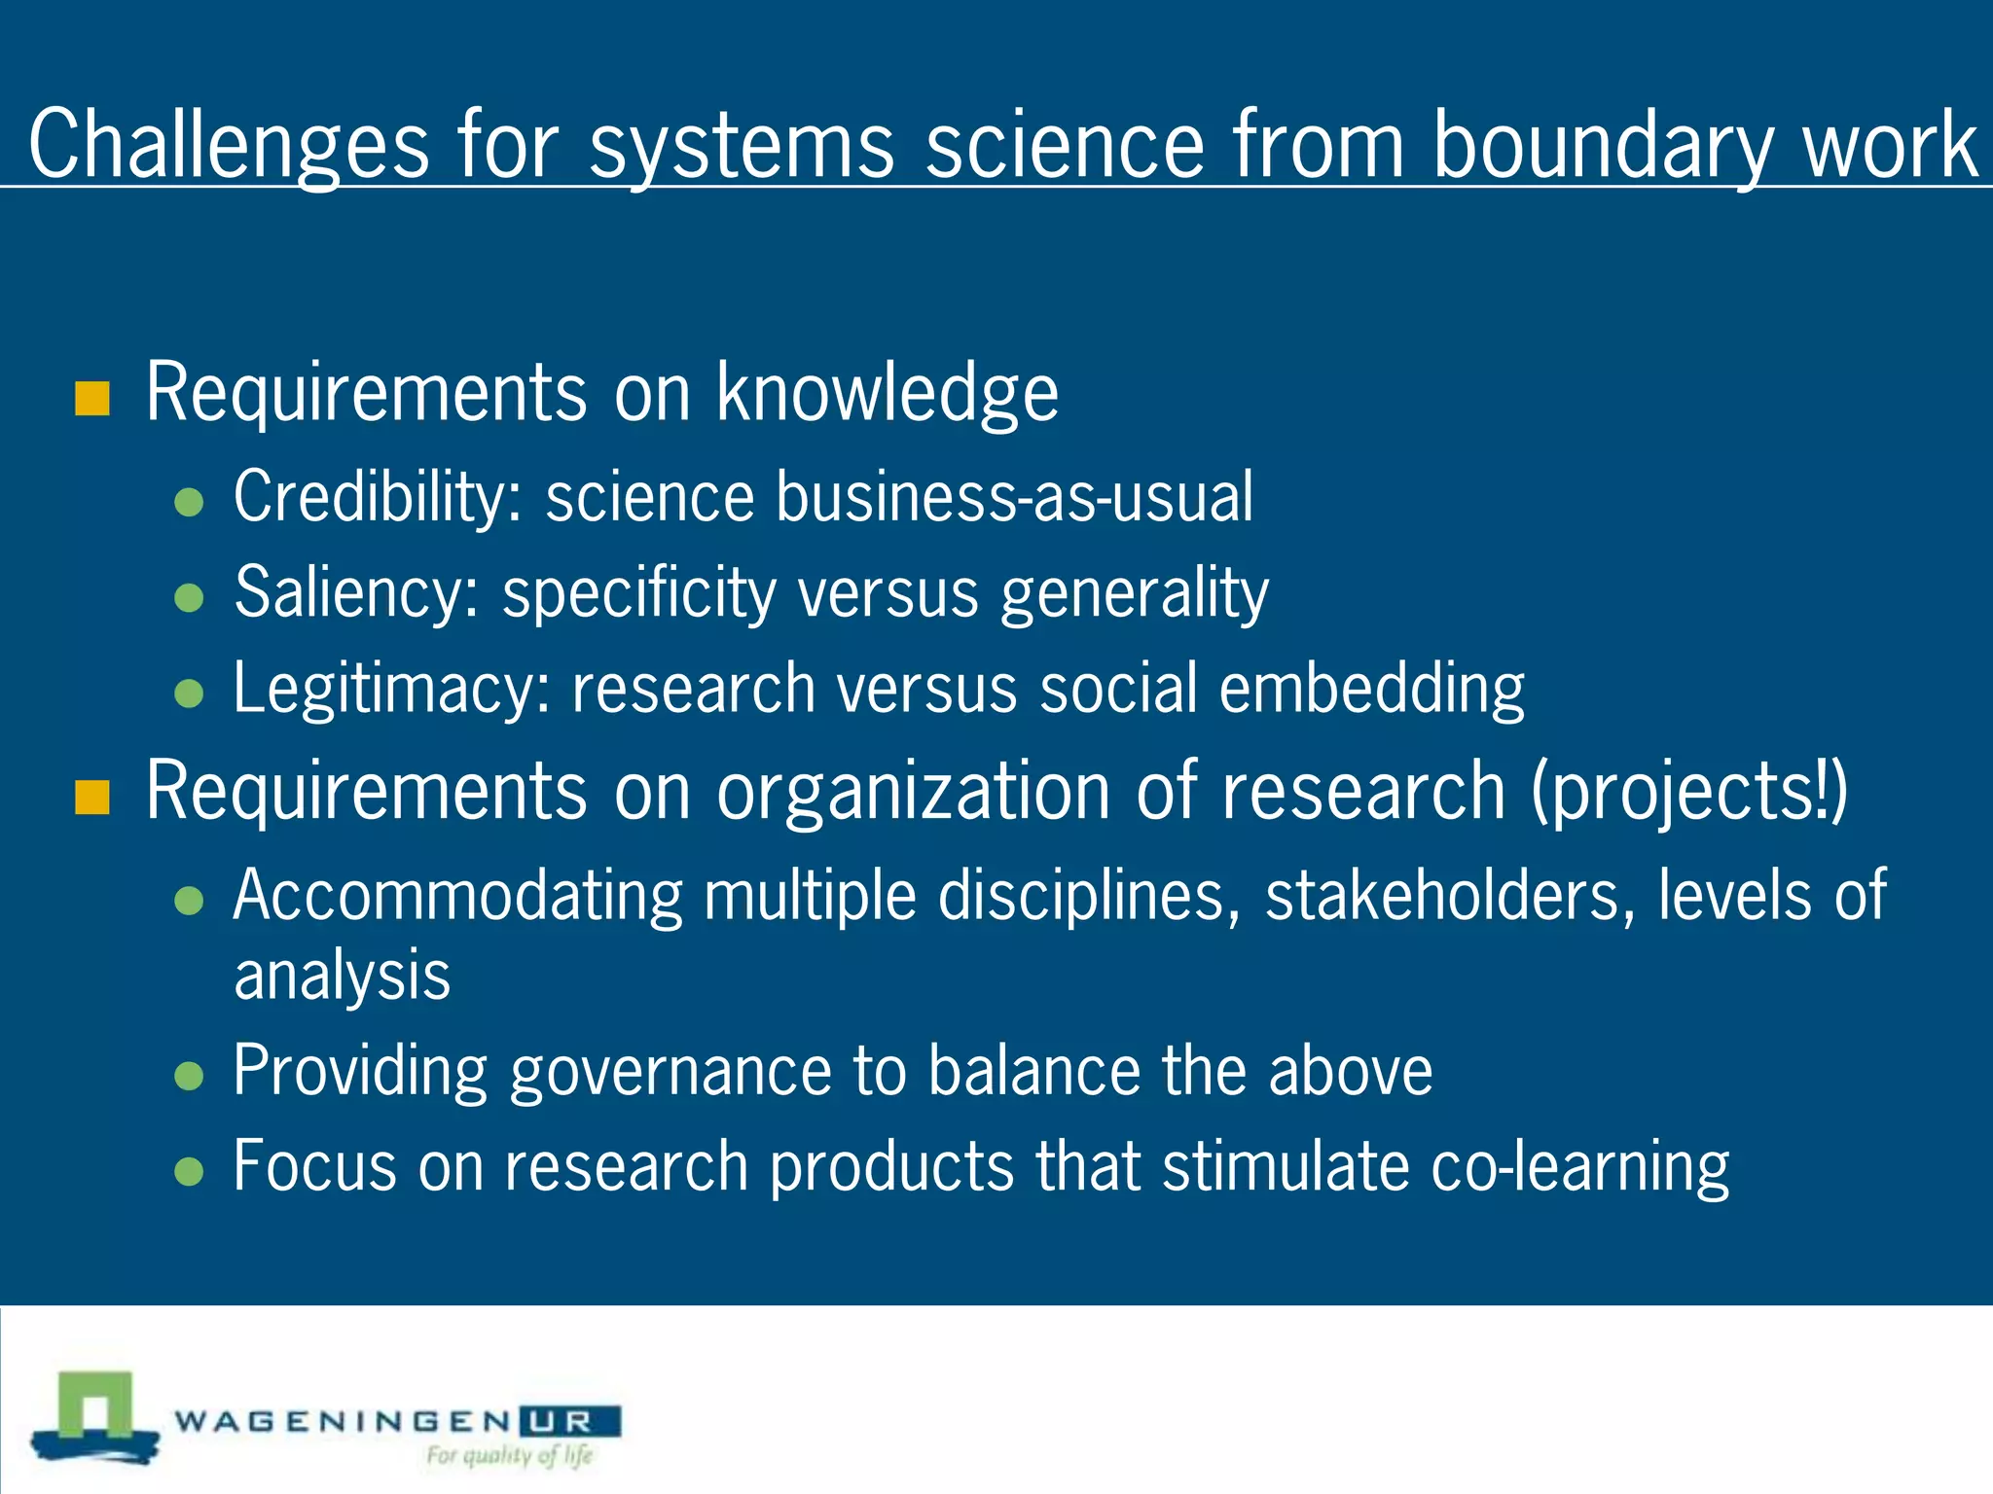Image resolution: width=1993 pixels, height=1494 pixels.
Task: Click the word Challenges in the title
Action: [229, 146]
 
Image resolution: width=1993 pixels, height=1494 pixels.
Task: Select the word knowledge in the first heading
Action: [888, 394]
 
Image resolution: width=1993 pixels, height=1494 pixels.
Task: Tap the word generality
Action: [1135, 592]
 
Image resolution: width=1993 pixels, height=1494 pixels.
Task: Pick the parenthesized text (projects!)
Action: [1689, 793]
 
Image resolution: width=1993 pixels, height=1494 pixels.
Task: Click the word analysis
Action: [343, 976]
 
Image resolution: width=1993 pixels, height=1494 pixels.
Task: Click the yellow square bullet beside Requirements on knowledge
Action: [92, 398]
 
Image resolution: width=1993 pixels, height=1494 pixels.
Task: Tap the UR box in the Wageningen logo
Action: [569, 1422]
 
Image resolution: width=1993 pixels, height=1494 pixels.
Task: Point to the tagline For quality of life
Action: [509, 1456]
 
